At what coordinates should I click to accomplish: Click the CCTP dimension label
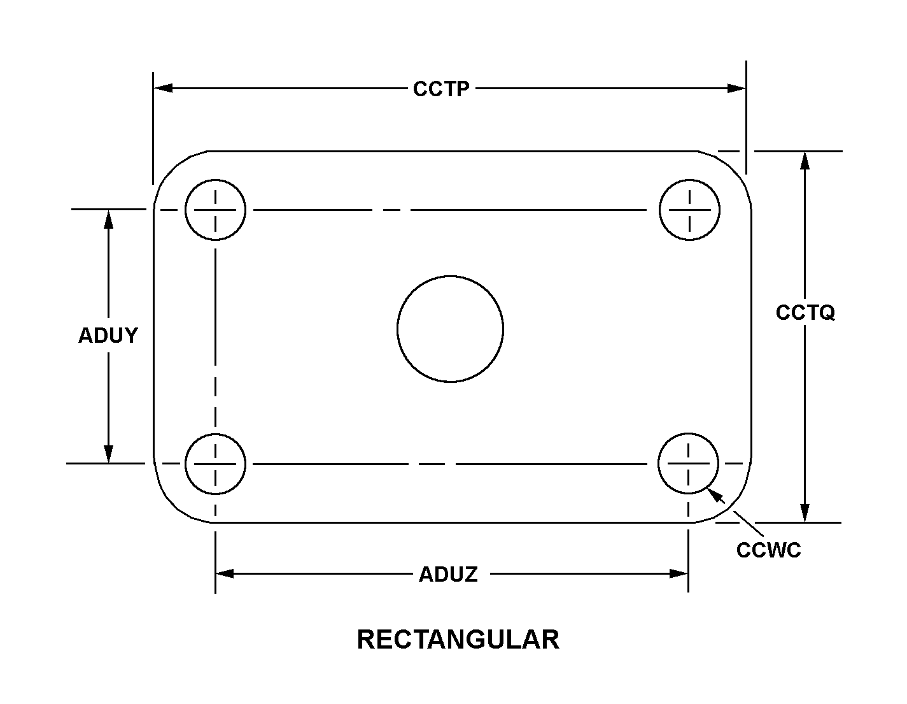pyautogui.click(x=440, y=89)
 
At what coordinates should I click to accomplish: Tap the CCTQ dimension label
pyautogui.click(x=805, y=313)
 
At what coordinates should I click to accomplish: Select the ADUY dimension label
pyautogui.click(x=108, y=335)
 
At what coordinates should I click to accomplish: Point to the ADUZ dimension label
pyautogui.click(x=448, y=574)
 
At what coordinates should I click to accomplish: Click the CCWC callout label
pyautogui.click(x=768, y=550)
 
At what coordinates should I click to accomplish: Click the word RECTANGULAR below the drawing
pyautogui.click(x=458, y=640)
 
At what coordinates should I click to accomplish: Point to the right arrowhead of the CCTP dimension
pyautogui.click(x=736, y=88)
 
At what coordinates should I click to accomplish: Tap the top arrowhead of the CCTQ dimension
pyautogui.click(x=805, y=161)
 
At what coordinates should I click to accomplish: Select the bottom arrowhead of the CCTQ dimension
pyautogui.click(x=805, y=513)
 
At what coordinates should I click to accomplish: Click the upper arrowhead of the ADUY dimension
pyautogui.click(x=109, y=219)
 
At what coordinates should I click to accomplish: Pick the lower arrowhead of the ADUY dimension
pyautogui.click(x=109, y=454)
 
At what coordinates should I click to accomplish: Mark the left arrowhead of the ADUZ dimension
pyautogui.click(x=225, y=573)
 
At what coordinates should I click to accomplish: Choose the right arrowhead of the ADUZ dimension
pyautogui.click(x=678, y=573)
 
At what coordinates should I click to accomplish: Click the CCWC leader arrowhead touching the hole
pyautogui.click(x=715, y=495)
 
